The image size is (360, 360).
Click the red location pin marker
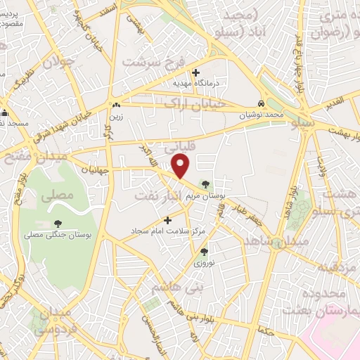pos(181,165)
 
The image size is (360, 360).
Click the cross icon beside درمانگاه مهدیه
pos(195,72)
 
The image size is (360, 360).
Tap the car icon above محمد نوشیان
pos(262,102)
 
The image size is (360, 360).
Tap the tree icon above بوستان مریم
pos(205,184)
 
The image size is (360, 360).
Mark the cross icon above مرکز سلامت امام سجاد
pos(167,221)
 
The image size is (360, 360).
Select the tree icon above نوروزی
pos(203,252)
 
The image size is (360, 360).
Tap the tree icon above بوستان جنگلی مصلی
pos(58,224)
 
